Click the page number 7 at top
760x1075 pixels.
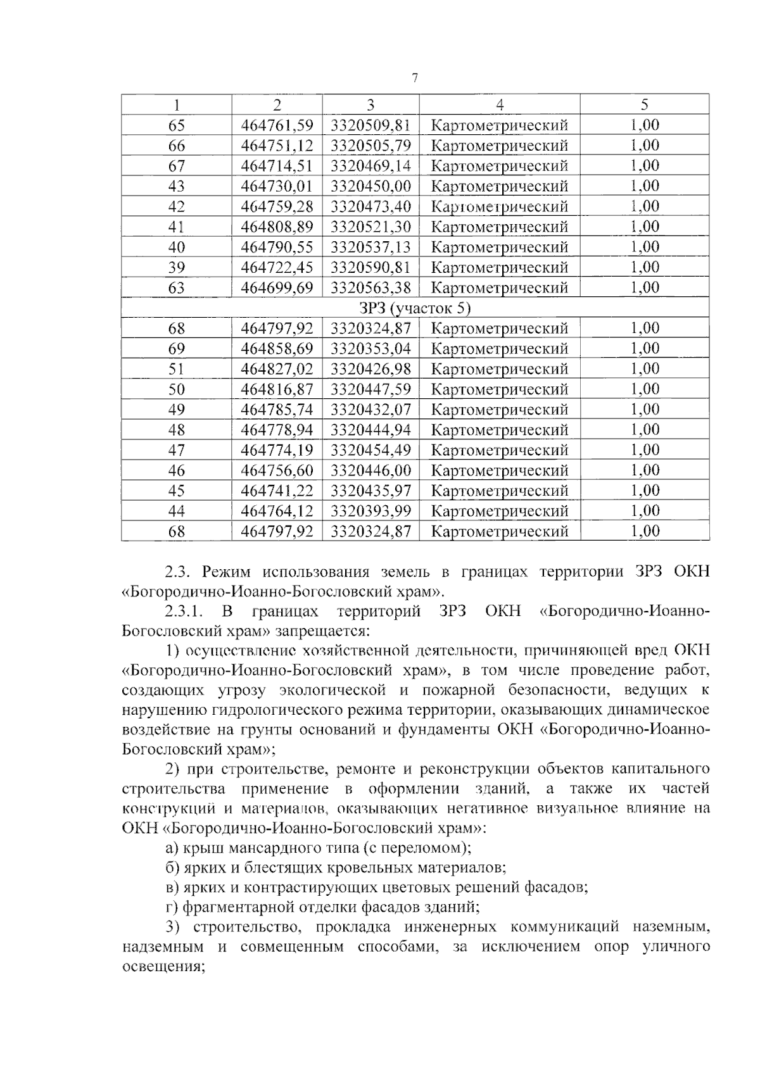point(415,79)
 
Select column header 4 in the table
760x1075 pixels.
point(499,104)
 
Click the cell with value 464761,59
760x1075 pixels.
point(277,125)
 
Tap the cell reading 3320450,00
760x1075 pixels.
point(370,186)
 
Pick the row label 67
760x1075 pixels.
point(176,166)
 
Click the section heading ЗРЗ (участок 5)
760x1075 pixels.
point(415,308)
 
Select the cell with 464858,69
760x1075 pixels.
point(277,349)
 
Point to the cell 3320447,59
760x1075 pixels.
point(370,389)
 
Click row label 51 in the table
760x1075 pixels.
point(176,369)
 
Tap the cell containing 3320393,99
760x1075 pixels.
point(370,511)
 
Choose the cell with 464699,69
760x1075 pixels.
point(277,288)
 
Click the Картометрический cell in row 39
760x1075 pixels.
point(499,268)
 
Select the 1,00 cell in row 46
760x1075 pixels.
point(644,470)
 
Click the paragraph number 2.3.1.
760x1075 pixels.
point(183,612)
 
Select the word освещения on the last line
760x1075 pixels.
point(161,967)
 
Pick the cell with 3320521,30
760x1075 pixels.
point(370,227)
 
